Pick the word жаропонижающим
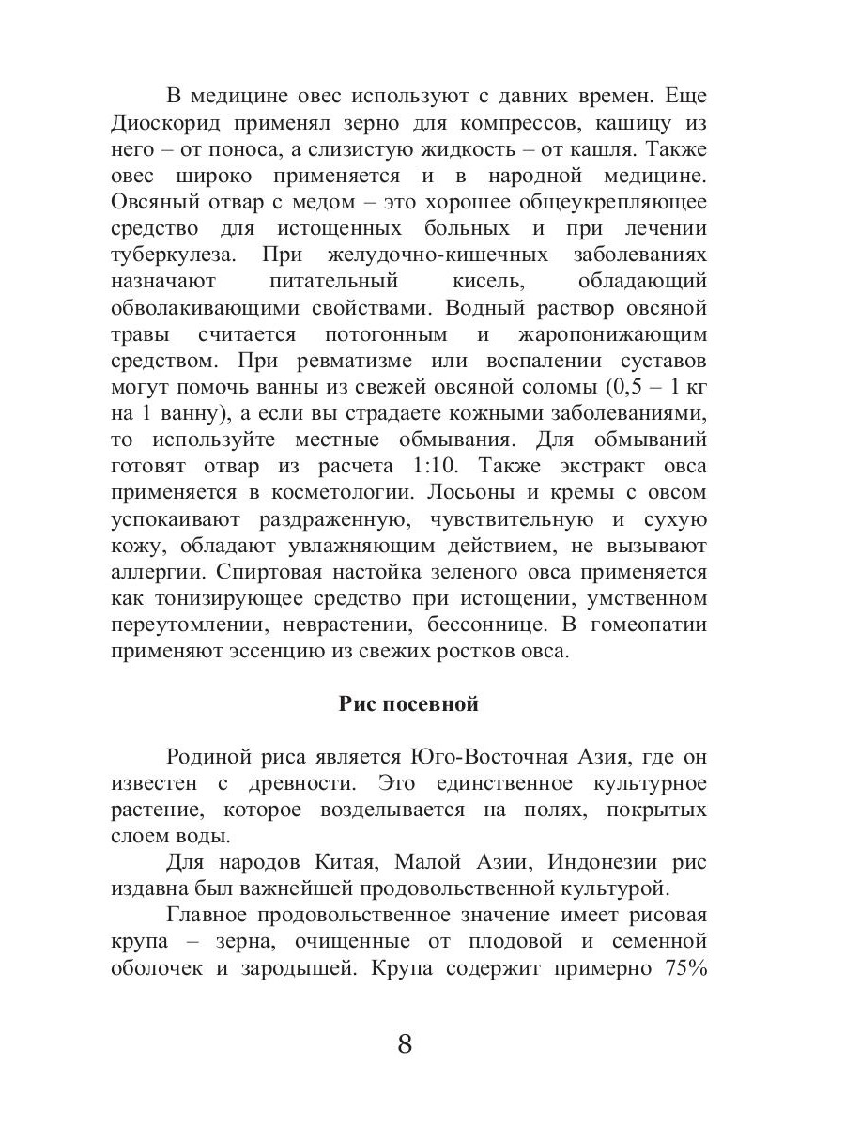tap(612, 334)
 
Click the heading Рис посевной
tap(408, 704)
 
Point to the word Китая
tap(345, 862)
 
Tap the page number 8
tap(406, 1044)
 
